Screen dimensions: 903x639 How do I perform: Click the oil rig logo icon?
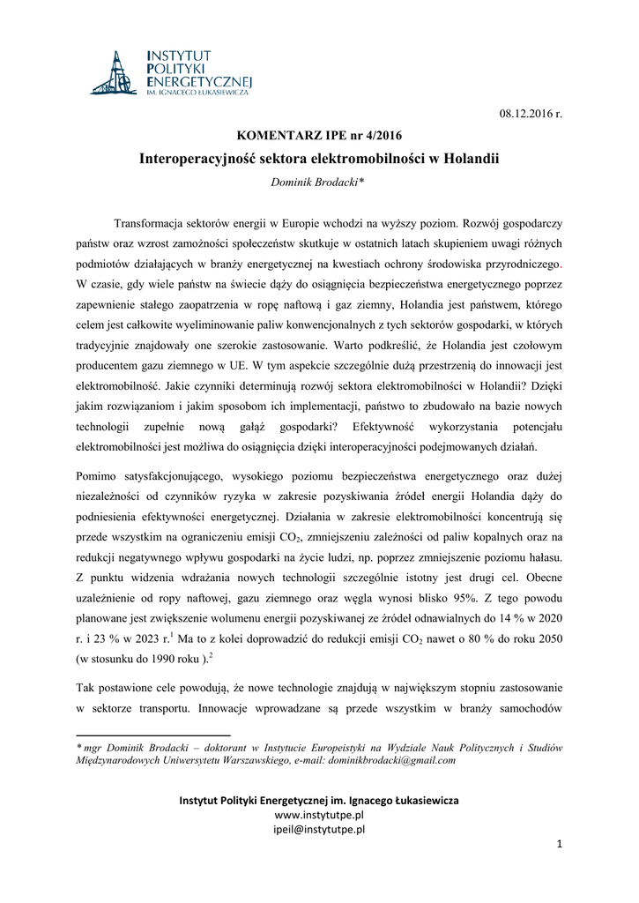point(113,73)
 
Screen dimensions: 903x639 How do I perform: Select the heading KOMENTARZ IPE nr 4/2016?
point(319,138)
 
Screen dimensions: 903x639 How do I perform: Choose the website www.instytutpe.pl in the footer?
point(319,816)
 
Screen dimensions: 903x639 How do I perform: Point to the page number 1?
point(559,845)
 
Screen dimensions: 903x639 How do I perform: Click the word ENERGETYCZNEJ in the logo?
point(198,79)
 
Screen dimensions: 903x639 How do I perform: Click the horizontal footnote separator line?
point(153,734)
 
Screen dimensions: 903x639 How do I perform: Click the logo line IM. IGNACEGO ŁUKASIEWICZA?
point(197,92)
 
